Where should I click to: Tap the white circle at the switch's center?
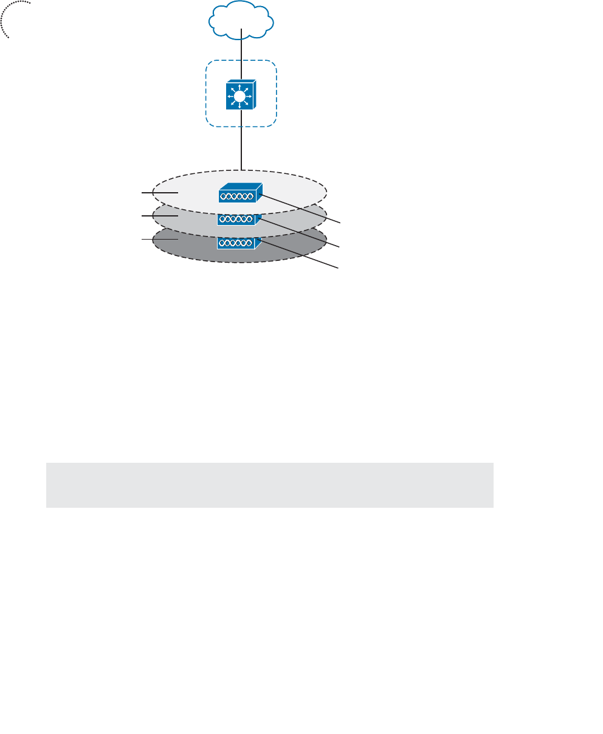coord(240,97)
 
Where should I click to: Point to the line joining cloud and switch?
coord(241,55)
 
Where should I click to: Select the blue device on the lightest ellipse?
coord(239,193)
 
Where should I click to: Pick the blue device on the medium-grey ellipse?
coord(239,219)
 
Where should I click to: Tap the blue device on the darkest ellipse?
coord(239,243)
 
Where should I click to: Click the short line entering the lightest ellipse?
coord(159,192)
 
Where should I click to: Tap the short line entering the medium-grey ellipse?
coord(159,216)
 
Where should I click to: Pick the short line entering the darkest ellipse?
coord(159,240)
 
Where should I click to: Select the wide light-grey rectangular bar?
coord(269,485)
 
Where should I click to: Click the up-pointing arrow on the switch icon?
coord(240,85)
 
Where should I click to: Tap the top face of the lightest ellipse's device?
coord(240,187)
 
